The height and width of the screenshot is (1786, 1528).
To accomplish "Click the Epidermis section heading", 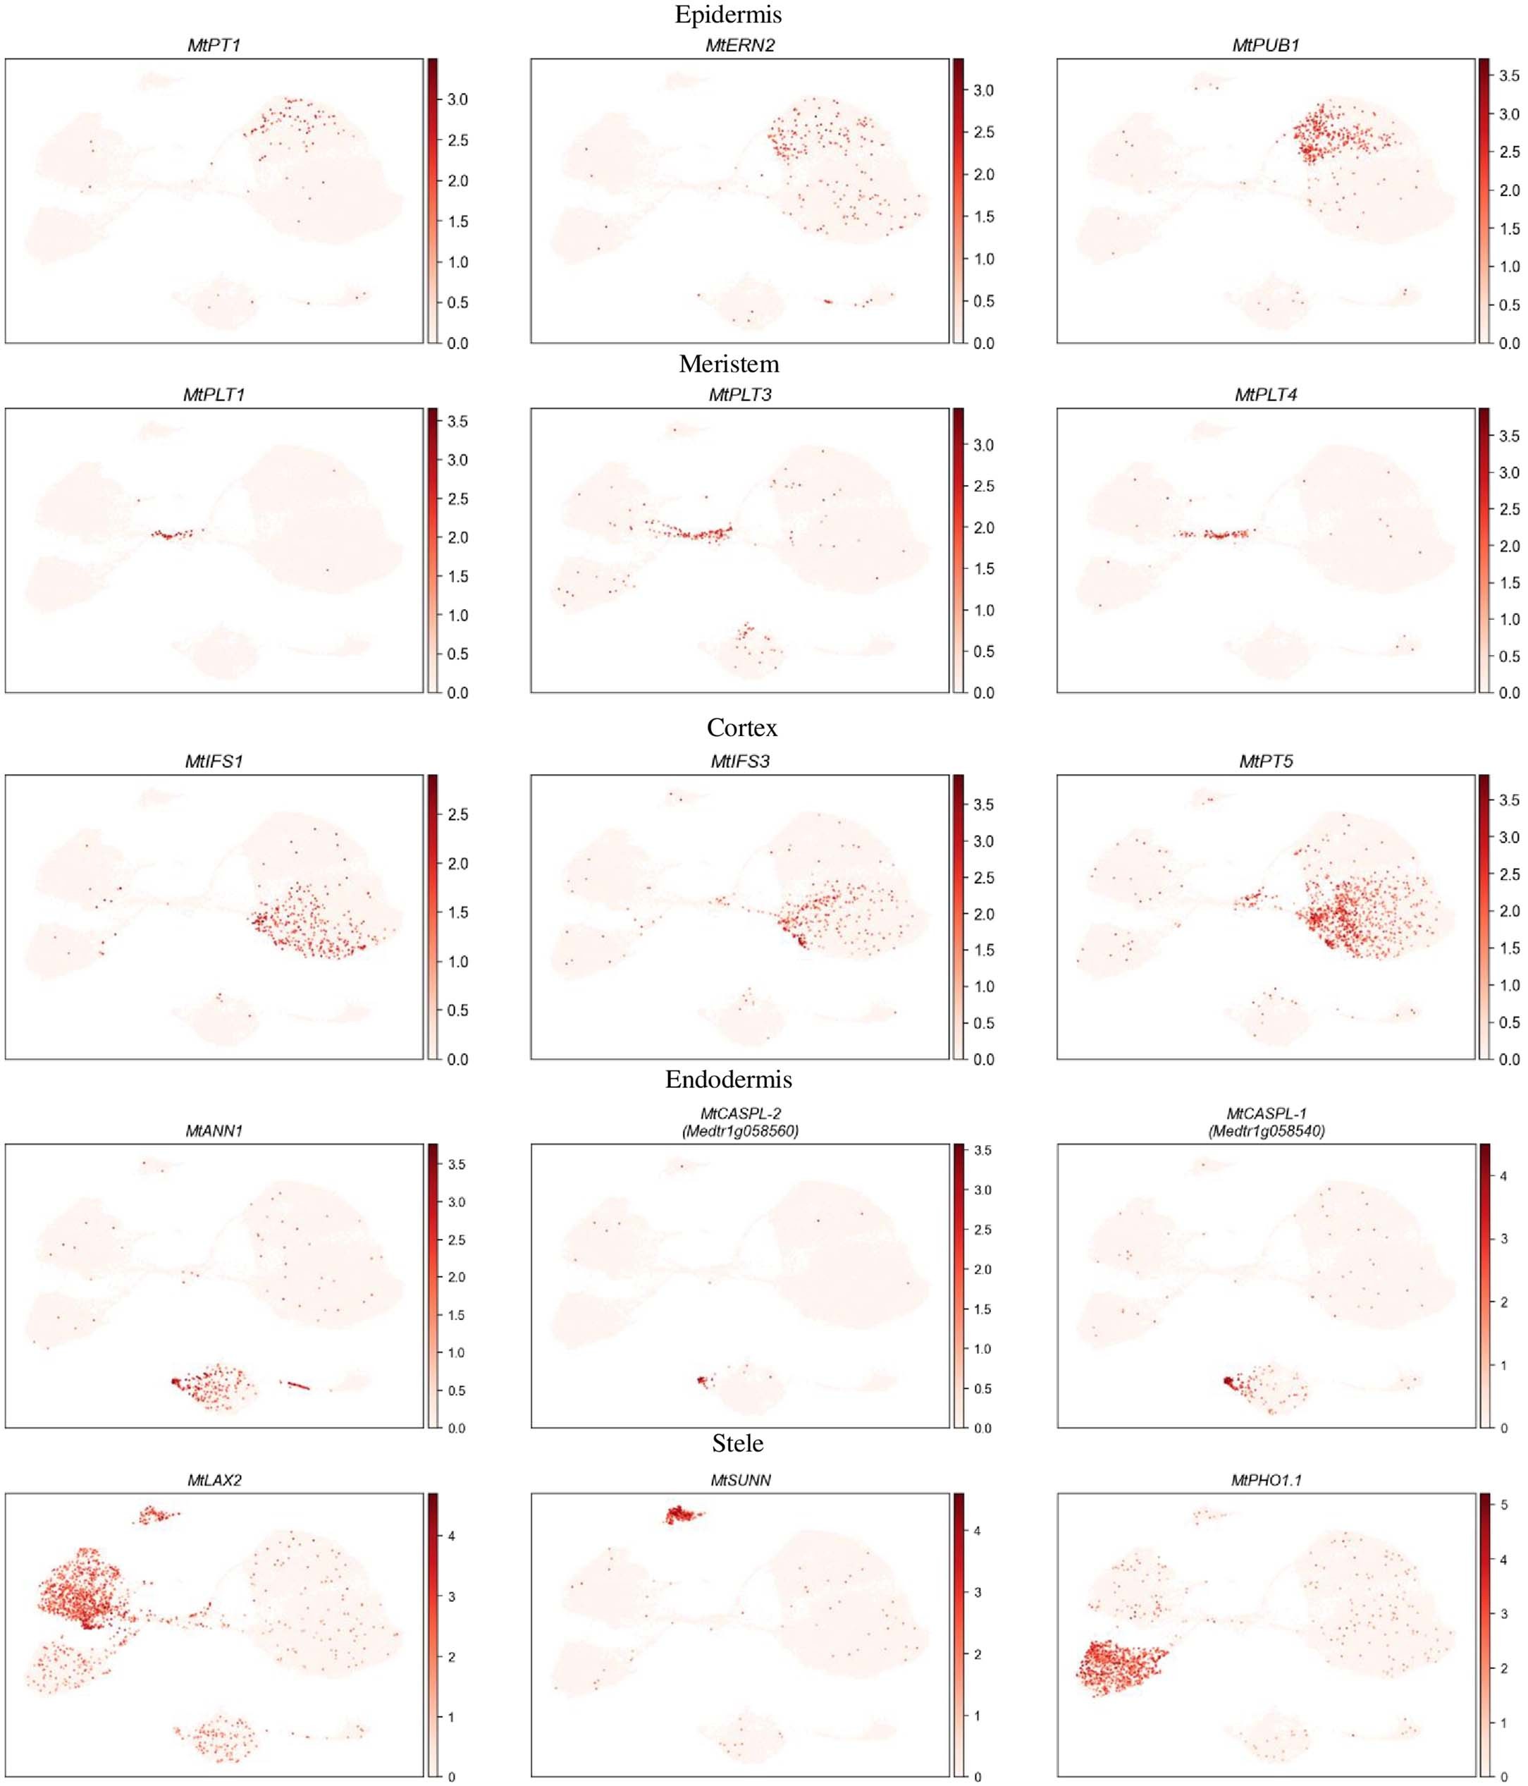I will pyautogui.click(x=728, y=15).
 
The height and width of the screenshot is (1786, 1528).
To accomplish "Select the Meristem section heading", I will pyautogui.click(x=728, y=364).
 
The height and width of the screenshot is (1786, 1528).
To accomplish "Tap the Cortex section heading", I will pyautogui.click(x=741, y=728).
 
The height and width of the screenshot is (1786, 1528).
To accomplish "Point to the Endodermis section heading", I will pyautogui.click(x=728, y=1079).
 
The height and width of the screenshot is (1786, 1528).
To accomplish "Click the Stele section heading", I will pyautogui.click(x=738, y=1442).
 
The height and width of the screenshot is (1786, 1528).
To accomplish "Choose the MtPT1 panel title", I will pyautogui.click(x=214, y=46).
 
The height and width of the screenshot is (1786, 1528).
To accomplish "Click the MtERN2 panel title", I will pyautogui.click(x=740, y=46).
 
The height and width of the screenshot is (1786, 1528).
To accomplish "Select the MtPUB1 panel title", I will pyautogui.click(x=1265, y=46).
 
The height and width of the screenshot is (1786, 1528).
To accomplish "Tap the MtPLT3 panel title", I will pyautogui.click(x=740, y=395).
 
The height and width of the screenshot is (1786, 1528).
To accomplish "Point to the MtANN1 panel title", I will pyautogui.click(x=214, y=1130).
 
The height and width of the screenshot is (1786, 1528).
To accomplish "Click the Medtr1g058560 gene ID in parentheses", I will pyautogui.click(x=740, y=1131).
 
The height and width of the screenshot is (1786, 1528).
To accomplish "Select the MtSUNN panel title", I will pyautogui.click(x=740, y=1480).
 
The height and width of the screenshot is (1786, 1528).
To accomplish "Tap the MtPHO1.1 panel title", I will pyautogui.click(x=1265, y=1480).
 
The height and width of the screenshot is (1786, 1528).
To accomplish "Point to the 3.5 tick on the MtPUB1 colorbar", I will pyautogui.click(x=1509, y=76).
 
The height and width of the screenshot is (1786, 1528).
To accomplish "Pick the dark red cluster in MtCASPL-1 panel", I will pyautogui.click(x=1230, y=1383).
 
